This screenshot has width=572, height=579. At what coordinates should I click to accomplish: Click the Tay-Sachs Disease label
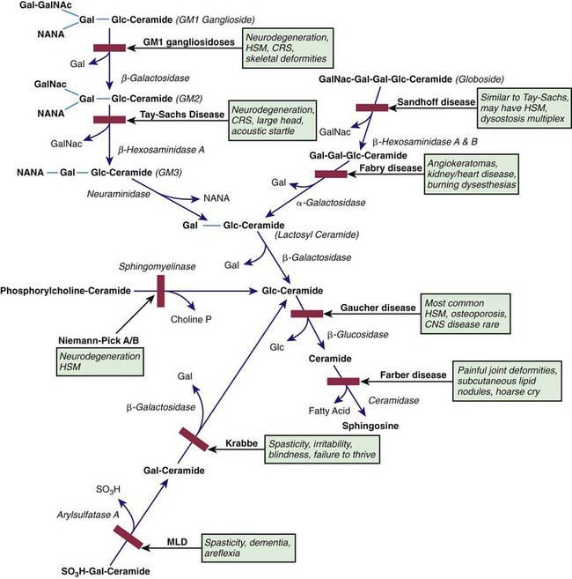click(180, 115)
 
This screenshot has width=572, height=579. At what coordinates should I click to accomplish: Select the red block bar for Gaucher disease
click(307, 313)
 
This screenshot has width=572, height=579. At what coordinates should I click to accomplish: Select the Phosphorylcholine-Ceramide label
click(66, 289)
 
